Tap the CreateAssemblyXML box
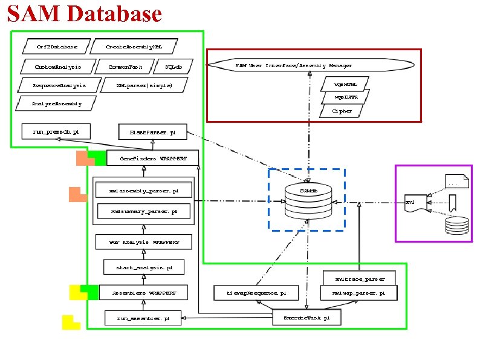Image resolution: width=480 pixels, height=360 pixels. [134, 46]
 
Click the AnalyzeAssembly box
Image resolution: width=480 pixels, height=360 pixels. [56, 103]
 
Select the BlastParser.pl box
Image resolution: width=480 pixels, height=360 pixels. [153, 131]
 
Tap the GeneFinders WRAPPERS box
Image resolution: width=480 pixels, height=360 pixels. [151, 159]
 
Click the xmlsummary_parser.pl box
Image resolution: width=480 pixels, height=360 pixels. [144, 212]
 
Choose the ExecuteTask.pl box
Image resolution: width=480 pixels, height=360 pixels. [306, 317]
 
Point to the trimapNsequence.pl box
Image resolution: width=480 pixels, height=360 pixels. [256, 293]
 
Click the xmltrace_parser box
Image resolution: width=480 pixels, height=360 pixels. [359, 279]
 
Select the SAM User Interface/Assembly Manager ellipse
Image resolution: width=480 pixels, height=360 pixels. [310, 65]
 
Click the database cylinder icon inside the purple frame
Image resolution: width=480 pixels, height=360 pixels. [455, 226]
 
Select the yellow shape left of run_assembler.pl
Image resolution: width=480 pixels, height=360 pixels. [70, 322]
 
